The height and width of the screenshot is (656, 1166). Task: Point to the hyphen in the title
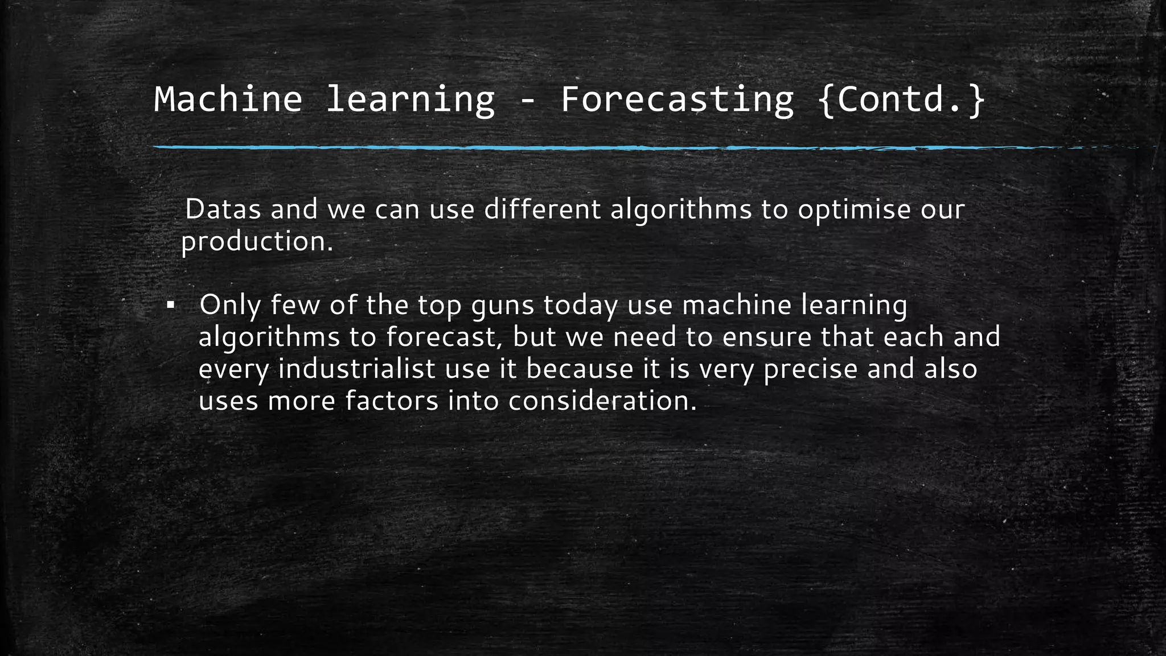click(x=528, y=101)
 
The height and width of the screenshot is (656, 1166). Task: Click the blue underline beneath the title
click(x=569, y=147)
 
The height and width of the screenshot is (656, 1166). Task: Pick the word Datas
click(x=223, y=209)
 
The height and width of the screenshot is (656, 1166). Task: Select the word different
click(x=543, y=209)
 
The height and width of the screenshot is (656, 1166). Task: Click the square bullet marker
click(x=170, y=306)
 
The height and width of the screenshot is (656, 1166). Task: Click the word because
click(x=580, y=369)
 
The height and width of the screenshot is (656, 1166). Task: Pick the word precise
click(x=810, y=369)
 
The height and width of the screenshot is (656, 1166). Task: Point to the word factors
click(x=392, y=401)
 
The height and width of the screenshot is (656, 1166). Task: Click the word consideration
click(x=602, y=401)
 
